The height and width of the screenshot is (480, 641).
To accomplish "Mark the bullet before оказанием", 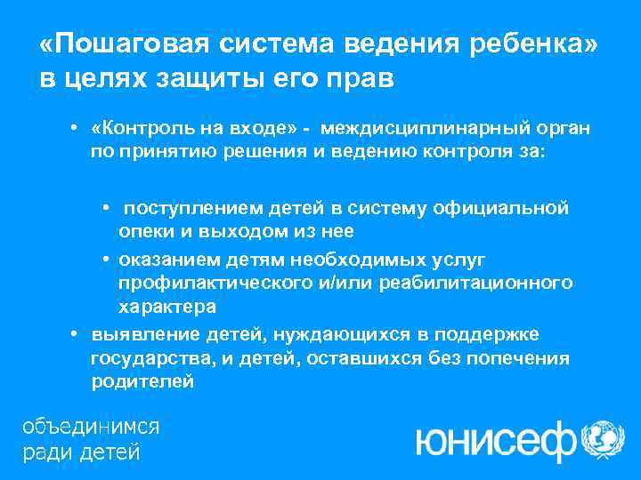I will [x=105, y=259].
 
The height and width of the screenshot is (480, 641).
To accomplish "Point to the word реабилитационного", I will [x=475, y=283].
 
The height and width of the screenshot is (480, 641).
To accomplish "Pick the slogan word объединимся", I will [x=91, y=426].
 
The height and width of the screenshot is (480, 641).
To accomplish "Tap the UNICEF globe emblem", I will [x=603, y=440].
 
